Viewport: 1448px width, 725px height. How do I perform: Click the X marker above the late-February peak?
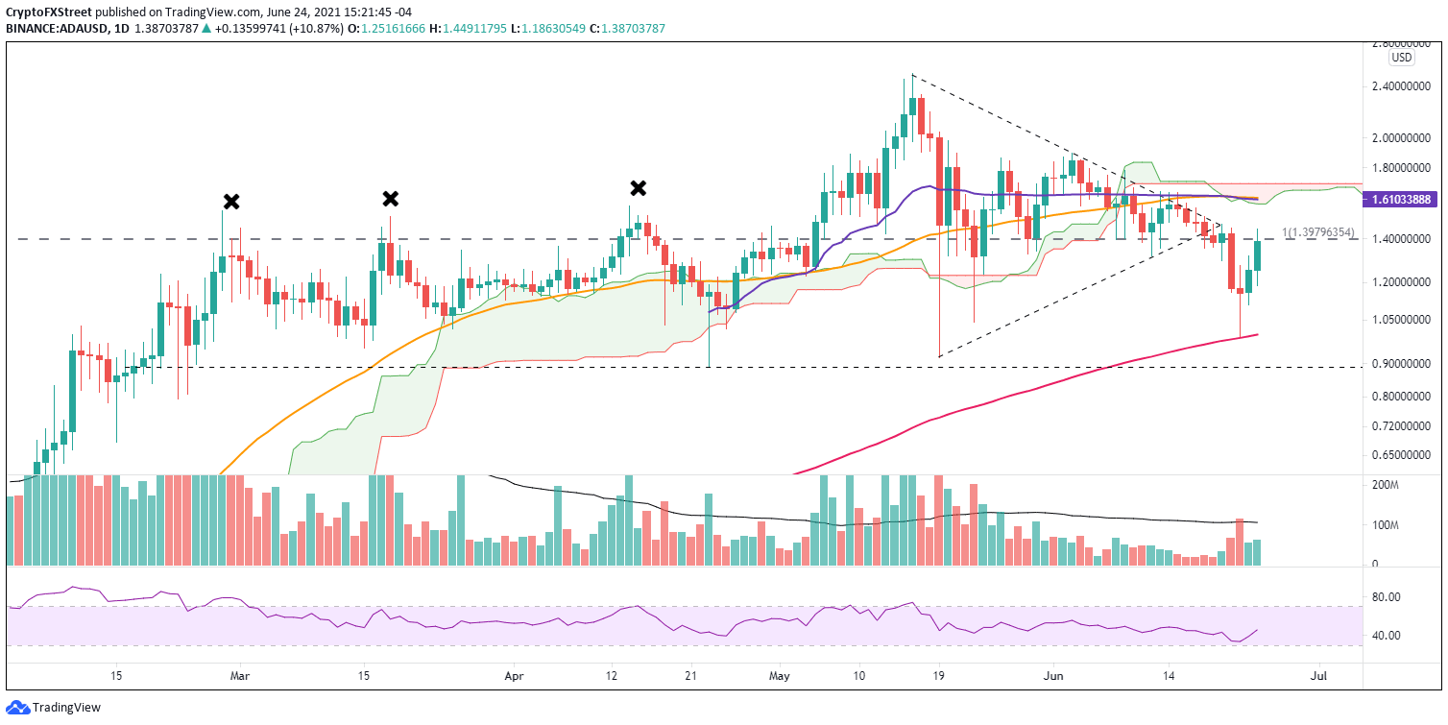231,202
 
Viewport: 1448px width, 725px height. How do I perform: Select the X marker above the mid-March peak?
390,199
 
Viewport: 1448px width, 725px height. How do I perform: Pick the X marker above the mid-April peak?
637,188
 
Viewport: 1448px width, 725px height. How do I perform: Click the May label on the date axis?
779,676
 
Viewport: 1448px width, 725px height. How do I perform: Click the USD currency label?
1402,58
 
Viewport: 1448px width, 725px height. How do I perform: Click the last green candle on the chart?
1257,254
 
